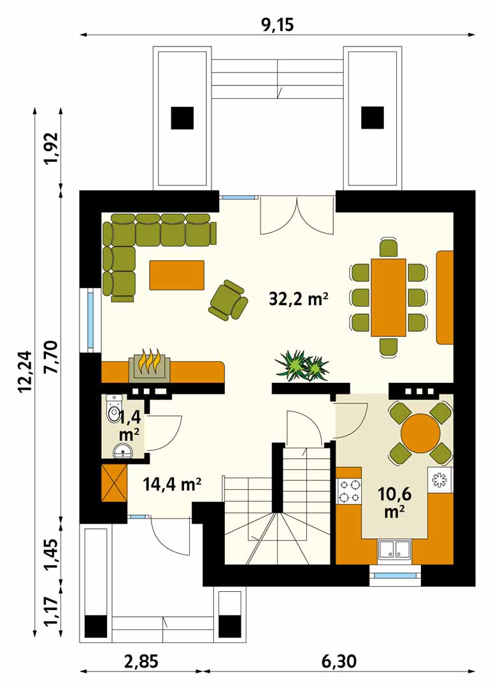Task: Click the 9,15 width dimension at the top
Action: point(277,25)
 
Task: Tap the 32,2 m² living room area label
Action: point(299,299)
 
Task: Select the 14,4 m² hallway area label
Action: point(172,484)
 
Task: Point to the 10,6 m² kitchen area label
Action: point(394,503)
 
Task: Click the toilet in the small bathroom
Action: point(113,408)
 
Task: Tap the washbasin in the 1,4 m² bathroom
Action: point(124,451)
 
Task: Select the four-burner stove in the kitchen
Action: point(349,491)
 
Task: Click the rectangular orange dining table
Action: point(388,297)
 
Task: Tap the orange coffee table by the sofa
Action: point(177,275)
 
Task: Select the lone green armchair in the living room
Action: point(228,299)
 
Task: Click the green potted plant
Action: point(302,365)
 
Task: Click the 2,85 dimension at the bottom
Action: point(141,661)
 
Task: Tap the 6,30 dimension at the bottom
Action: point(339,661)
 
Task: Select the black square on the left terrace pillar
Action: point(182,118)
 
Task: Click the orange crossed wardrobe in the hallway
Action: point(114,483)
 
